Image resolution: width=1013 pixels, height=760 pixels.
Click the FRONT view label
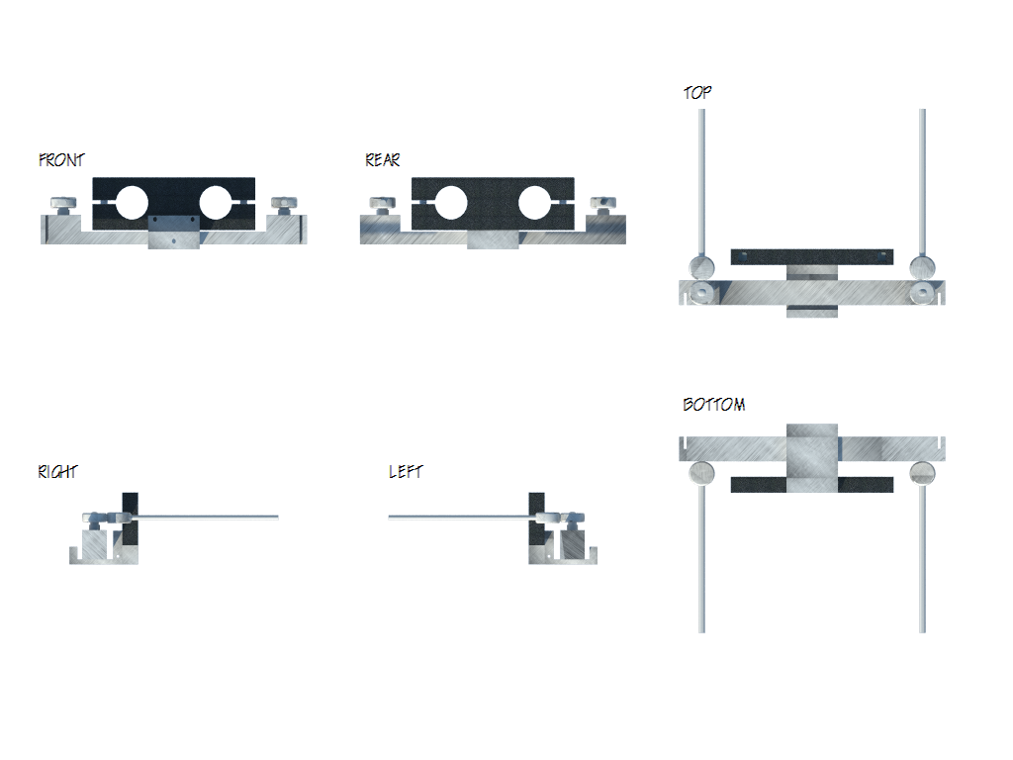pyautogui.click(x=61, y=159)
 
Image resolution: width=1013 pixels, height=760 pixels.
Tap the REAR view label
pyautogui.click(x=383, y=159)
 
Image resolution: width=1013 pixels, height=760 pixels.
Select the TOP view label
pyautogui.click(x=697, y=93)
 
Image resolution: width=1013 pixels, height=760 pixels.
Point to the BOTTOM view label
pyautogui.click(x=713, y=405)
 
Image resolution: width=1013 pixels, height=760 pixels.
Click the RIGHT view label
pyautogui.click(x=57, y=472)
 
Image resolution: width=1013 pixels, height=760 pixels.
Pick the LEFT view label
pyautogui.click(x=406, y=472)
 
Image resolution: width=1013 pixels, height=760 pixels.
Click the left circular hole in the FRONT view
pyautogui.click(x=132, y=202)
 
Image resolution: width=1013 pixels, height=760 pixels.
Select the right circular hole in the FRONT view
pyautogui.click(x=216, y=202)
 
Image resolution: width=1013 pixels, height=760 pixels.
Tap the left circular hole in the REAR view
pyautogui.click(x=450, y=202)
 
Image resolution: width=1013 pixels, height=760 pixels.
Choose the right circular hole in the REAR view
pyautogui.click(x=534, y=202)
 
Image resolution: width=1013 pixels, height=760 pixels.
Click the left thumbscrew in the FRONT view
pyautogui.click(x=65, y=206)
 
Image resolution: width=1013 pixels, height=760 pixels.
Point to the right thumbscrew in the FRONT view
pyautogui.click(x=286, y=205)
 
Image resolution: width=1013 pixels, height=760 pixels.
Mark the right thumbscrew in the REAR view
pyautogui.click(x=602, y=205)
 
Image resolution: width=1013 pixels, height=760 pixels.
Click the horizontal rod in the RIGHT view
pyautogui.click(x=208, y=517)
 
